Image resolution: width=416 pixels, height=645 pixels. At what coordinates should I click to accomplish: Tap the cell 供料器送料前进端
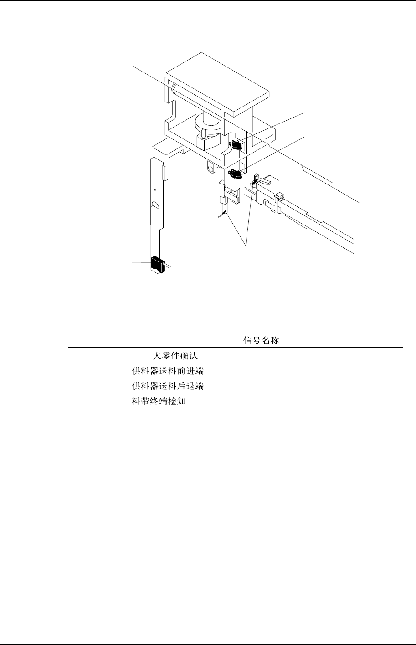(168, 371)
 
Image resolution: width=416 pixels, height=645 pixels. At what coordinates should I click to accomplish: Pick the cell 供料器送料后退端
(168, 387)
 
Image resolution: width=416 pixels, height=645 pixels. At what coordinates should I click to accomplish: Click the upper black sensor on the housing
(237, 145)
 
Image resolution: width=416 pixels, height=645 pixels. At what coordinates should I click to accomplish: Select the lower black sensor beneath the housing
(236, 173)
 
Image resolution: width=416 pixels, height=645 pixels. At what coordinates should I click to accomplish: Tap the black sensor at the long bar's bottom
(158, 264)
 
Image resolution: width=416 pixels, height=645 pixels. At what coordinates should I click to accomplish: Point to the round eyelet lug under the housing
(210, 168)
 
